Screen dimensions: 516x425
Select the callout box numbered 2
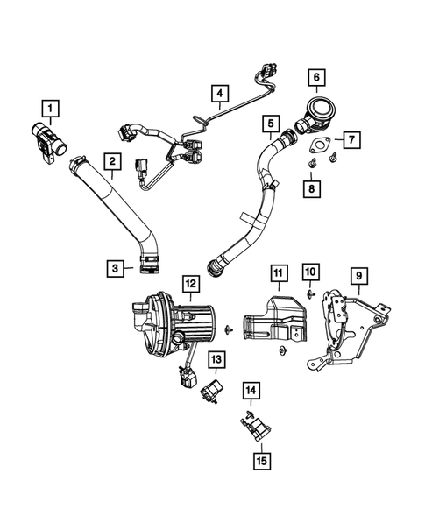point(111,160)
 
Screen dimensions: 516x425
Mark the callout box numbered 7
point(350,138)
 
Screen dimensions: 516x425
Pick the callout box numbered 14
point(251,391)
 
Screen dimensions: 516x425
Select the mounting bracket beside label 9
point(346,329)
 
